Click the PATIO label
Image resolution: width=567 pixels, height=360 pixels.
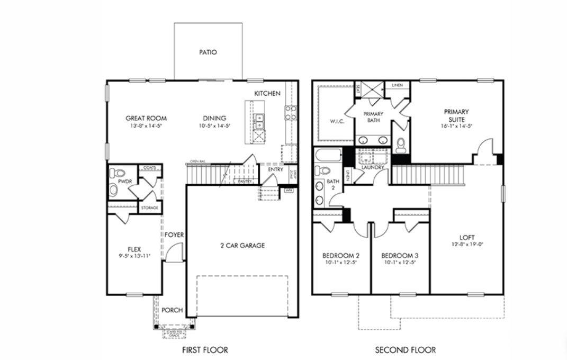pyautogui.click(x=208, y=52)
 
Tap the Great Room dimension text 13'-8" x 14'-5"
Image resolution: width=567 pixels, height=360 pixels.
pyautogui.click(x=146, y=127)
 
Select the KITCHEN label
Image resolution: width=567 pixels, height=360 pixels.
pyautogui.click(x=267, y=93)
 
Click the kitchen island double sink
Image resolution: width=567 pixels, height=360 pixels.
pyautogui.click(x=259, y=122)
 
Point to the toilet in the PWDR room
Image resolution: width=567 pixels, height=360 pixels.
pyautogui.click(x=119, y=173)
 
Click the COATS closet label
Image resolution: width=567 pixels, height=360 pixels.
pyautogui.click(x=149, y=168)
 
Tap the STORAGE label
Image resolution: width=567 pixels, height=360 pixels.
pyautogui.click(x=149, y=208)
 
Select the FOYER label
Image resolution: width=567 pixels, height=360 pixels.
pyautogui.click(x=174, y=235)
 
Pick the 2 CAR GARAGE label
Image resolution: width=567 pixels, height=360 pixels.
pyautogui.click(x=242, y=246)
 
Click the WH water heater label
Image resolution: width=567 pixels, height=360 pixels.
pyautogui.click(x=289, y=190)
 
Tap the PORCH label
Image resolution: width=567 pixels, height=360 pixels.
pyautogui.click(x=172, y=310)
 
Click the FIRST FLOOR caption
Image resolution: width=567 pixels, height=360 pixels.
pyautogui.click(x=205, y=350)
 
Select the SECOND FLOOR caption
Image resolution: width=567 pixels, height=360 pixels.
pyautogui.click(x=406, y=350)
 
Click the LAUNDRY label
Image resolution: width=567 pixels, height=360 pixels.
pyautogui.click(x=373, y=167)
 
